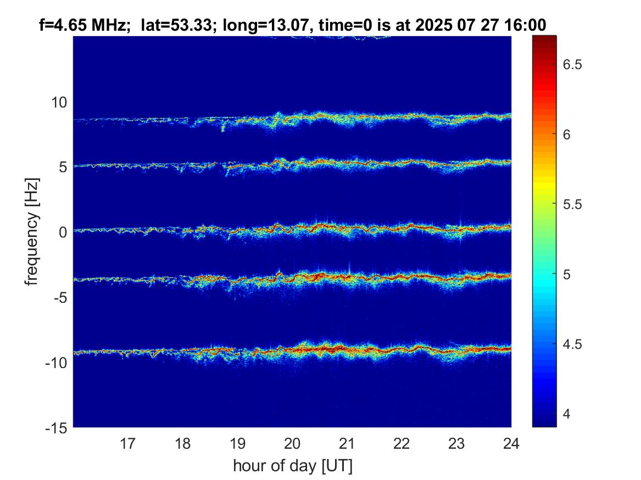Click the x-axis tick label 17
128,443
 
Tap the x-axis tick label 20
292,443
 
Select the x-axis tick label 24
511,443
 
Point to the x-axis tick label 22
402,443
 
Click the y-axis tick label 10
59,101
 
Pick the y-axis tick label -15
56,427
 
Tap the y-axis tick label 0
62,231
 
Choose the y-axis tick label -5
59,297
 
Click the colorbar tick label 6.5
573,65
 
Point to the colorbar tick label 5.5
573,204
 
